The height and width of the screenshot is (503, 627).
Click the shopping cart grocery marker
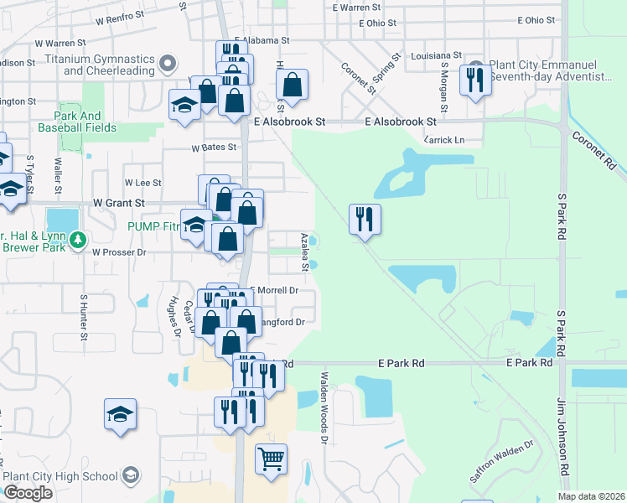(x=271, y=459)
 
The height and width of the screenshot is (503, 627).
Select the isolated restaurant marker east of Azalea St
(x=365, y=220)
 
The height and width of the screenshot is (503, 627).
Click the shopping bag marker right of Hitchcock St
(x=292, y=85)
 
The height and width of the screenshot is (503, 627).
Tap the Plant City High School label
(x=60, y=476)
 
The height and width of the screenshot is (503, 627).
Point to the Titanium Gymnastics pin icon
(x=168, y=64)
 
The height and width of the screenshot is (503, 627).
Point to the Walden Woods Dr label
(x=324, y=408)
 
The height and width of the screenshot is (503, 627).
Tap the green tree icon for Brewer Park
(x=78, y=241)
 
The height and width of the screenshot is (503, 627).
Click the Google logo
(x=28, y=493)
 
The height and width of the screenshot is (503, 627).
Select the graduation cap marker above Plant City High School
(x=121, y=414)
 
